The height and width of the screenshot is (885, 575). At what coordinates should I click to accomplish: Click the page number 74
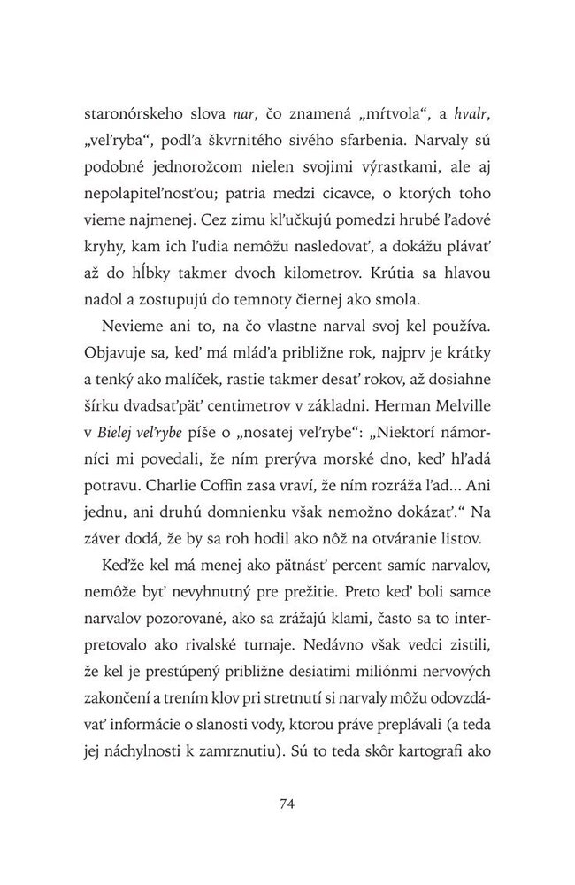click(286, 804)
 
